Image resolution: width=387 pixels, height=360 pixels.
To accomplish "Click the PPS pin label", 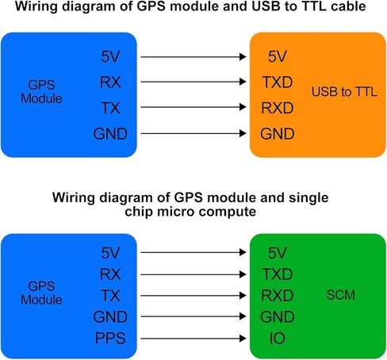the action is tap(110, 338).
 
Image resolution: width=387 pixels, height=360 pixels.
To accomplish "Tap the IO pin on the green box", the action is tap(277, 338).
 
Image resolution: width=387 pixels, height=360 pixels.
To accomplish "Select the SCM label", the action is tap(341, 295).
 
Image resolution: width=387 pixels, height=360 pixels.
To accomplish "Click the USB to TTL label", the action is tap(344, 92).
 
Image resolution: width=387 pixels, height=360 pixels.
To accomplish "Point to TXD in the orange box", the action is tap(278, 82).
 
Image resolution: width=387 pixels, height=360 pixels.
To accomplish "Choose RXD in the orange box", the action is tap(278, 108).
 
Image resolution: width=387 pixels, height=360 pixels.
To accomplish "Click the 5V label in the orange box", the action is tap(278, 56).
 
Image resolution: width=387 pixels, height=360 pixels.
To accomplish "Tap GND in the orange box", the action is tap(278, 133).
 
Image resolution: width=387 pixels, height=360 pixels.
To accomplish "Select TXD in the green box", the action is tap(278, 274).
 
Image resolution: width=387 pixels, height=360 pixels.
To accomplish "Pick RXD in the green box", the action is tap(278, 295).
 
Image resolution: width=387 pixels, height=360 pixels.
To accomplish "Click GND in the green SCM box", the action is tap(278, 316).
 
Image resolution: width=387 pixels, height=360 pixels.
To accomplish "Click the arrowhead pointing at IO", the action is tap(243, 339).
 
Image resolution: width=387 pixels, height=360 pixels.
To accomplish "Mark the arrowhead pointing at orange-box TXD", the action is tap(243, 82).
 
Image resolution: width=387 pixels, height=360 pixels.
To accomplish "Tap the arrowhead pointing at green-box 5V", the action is tap(243, 252).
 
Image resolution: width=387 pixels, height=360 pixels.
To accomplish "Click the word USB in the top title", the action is tap(266, 6).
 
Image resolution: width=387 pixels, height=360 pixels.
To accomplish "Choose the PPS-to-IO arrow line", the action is tap(193, 339).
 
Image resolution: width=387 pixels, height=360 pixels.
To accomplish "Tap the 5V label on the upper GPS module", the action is tap(110, 56).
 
